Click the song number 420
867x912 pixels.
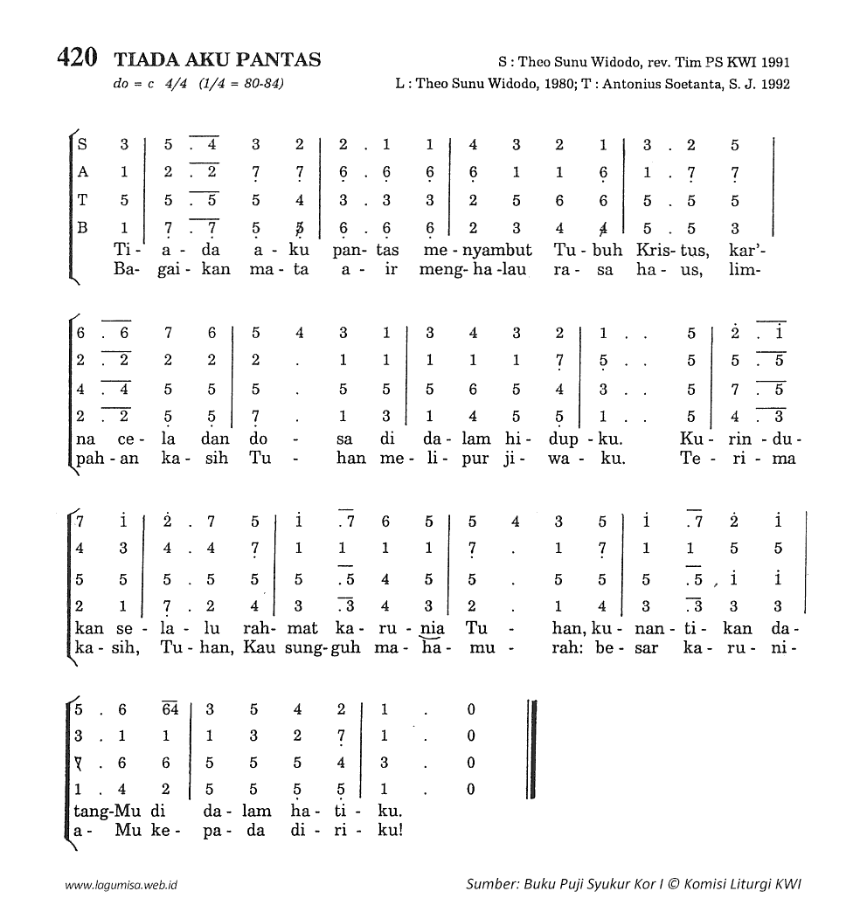[x=76, y=59]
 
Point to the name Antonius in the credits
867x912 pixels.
[x=642, y=85]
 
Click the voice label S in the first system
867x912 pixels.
[x=82, y=144]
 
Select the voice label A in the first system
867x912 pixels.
[x=82, y=173]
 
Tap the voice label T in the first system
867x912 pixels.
[x=82, y=201]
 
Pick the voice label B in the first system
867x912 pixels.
[x=82, y=229]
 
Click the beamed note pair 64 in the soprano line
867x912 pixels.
[x=170, y=709]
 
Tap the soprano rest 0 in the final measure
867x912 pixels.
[x=471, y=709]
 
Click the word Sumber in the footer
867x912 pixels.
[x=492, y=883]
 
